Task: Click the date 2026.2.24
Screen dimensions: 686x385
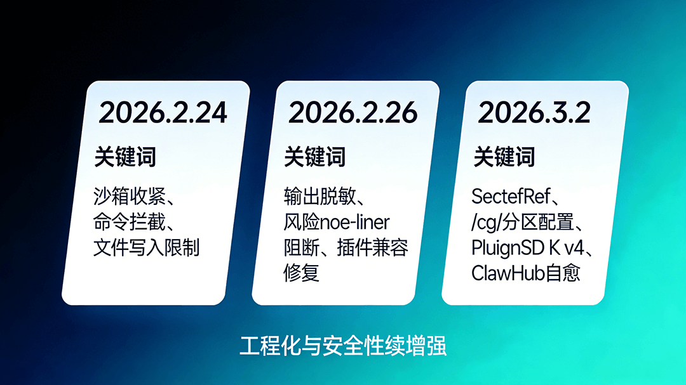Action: (163, 113)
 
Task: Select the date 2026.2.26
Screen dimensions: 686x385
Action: (353, 113)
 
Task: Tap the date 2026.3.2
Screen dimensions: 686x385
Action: (534, 113)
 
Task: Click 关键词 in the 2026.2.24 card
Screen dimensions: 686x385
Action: (125, 157)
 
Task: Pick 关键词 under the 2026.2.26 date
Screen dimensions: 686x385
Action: (314, 157)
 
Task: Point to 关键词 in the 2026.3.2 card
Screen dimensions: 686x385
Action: (504, 157)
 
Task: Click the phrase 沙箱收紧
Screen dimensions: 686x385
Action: (130, 196)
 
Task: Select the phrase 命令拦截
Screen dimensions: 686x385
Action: (130, 222)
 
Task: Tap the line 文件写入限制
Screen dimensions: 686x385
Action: (147, 247)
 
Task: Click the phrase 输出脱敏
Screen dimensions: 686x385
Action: (319, 196)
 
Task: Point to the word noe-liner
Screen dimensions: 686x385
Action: (355, 223)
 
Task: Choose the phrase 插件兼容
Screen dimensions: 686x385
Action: (373, 247)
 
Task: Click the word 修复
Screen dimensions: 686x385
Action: (302, 273)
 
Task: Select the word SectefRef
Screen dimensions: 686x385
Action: (511, 196)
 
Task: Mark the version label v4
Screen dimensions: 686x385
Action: (574, 248)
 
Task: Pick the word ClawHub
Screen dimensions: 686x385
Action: (508, 273)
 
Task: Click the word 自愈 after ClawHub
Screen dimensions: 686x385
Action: (563, 273)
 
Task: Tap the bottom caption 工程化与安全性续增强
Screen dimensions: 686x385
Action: (343, 346)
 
